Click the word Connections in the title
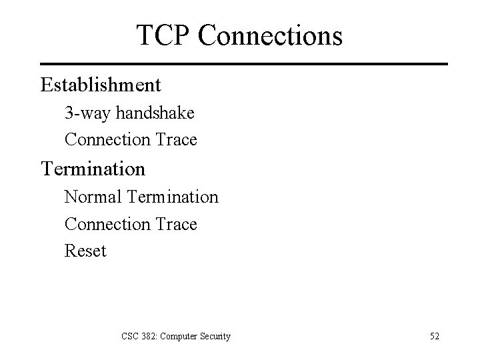(x=270, y=35)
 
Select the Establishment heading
(x=101, y=85)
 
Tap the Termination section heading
(x=93, y=169)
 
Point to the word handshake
(x=155, y=113)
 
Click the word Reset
(x=85, y=252)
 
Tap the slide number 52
(x=434, y=336)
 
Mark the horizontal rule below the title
(x=244, y=64)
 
